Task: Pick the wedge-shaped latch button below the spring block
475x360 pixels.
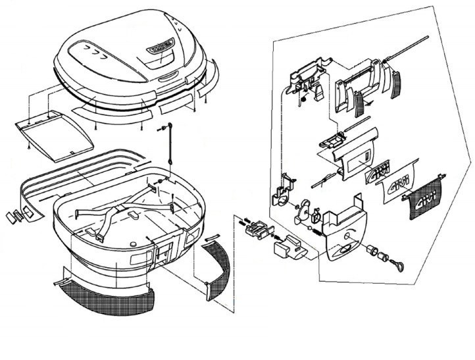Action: tap(289, 249)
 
